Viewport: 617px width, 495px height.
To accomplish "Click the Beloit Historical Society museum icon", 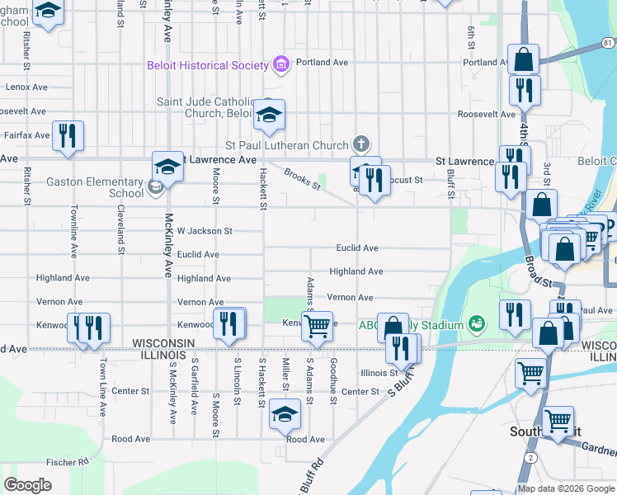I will coord(281,64).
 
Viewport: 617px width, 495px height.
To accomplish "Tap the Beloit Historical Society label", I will coord(208,64).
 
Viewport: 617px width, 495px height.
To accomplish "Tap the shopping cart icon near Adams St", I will coord(317,326).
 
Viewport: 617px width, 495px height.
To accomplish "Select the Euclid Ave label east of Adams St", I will coord(356,247).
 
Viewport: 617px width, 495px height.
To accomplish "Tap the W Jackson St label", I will coord(205,231).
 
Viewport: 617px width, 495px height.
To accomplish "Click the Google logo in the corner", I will coord(27,485).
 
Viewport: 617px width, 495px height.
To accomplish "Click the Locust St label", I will coord(406,179).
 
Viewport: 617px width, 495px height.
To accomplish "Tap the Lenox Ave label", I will coord(26,87).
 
